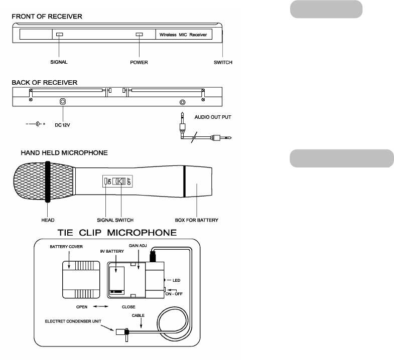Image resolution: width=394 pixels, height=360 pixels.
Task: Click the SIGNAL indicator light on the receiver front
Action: [x=60, y=35]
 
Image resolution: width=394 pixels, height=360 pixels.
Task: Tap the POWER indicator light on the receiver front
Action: [x=139, y=35]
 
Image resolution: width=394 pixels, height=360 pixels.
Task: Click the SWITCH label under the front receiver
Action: [x=223, y=62]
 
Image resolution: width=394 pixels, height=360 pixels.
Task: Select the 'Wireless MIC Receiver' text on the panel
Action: [x=183, y=35]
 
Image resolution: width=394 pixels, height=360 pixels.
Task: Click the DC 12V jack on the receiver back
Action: [x=63, y=101]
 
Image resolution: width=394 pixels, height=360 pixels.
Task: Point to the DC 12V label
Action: [x=62, y=125]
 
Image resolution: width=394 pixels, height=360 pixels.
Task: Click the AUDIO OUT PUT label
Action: [x=213, y=117]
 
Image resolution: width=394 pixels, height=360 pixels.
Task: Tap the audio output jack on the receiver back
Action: [x=183, y=102]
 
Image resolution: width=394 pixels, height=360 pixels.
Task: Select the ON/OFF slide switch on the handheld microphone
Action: [x=119, y=181]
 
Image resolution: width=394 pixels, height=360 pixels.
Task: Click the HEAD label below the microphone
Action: [x=48, y=220]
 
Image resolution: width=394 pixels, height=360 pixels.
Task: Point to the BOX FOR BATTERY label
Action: [x=196, y=220]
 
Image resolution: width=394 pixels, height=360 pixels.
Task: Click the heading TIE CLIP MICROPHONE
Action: [x=117, y=233]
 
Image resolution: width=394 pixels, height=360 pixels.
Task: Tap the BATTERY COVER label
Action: [x=66, y=247]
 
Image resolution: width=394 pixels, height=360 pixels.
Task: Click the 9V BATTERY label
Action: [x=112, y=251]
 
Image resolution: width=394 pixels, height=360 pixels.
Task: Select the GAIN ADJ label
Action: [x=138, y=246]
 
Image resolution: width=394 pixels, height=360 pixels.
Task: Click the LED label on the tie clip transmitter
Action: [x=176, y=280]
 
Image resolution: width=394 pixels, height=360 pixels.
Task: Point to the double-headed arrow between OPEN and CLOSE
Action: [x=101, y=306]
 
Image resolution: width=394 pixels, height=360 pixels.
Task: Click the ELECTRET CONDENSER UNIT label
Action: [x=73, y=321]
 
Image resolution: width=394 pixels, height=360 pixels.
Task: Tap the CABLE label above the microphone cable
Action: [x=138, y=315]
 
